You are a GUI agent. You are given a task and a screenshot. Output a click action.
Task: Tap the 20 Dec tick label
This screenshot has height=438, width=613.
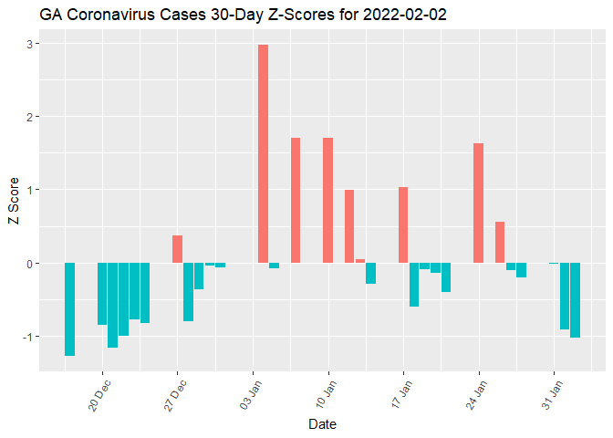click(99, 395)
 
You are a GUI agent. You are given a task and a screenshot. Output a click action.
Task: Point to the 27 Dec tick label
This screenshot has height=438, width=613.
click(175, 395)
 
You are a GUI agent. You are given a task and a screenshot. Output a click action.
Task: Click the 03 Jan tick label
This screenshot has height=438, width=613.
click(251, 395)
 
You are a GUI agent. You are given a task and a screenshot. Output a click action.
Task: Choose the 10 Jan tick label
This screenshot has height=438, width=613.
click(327, 395)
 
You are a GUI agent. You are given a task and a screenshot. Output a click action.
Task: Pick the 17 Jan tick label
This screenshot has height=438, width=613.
click(401, 395)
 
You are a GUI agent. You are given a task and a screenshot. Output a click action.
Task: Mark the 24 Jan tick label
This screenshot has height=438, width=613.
click(477, 395)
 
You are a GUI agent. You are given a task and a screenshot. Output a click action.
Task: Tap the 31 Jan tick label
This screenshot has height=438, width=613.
click(553, 395)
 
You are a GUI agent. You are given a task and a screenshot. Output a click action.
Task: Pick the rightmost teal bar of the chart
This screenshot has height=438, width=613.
click(575, 300)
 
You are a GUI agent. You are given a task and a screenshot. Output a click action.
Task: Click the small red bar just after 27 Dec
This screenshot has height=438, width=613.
click(177, 249)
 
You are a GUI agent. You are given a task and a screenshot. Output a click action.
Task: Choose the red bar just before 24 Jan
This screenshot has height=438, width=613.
click(478, 203)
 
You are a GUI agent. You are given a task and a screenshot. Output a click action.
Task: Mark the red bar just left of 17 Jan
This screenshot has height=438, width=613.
click(403, 224)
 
